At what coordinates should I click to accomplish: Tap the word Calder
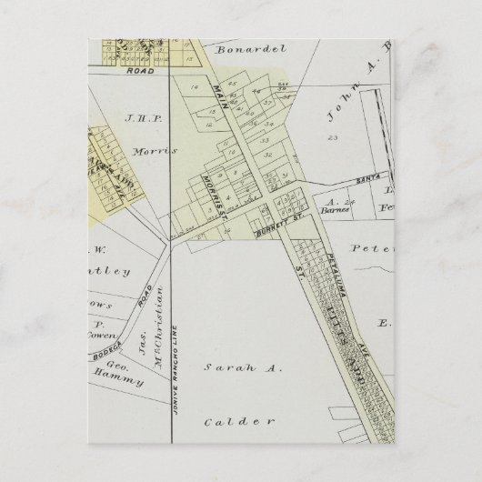pyautogui.click(x=238, y=422)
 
